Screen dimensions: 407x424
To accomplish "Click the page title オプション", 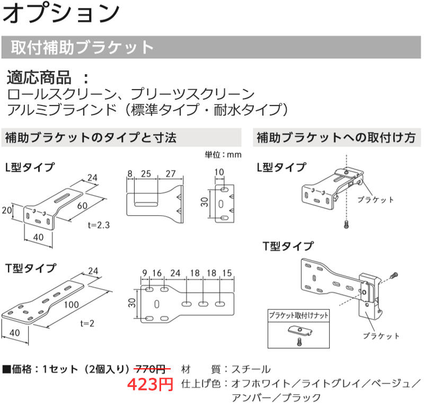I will tap(61, 14).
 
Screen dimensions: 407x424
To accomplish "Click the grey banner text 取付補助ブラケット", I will tap(82, 47).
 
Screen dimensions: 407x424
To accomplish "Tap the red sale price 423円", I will tap(151, 384).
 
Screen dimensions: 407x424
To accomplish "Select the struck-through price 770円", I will tap(154, 369).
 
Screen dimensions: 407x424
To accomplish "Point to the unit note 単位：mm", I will tap(223, 155).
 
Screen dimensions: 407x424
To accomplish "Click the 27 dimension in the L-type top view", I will tap(170, 173).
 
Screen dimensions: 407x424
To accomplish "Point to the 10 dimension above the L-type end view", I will tap(220, 172).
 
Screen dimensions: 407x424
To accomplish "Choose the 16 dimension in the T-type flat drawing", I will tap(157, 273).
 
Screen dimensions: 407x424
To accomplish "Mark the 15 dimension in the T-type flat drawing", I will tap(227, 273).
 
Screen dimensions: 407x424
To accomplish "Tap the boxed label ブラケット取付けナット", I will tap(298, 315).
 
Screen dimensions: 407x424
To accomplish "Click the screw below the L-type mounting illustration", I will tap(346, 224).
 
